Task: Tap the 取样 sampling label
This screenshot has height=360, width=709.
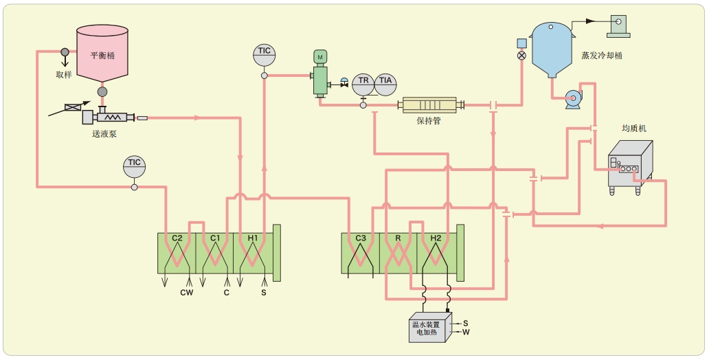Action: click(64, 74)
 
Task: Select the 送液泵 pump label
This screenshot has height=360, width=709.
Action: click(104, 134)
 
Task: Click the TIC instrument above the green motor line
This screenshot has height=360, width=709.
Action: click(264, 54)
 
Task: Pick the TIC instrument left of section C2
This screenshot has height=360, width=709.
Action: click(135, 166)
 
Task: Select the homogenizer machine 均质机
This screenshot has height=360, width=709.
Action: click(630, 164)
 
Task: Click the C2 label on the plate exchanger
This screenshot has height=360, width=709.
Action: click(177, 238)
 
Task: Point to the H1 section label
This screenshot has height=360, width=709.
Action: click(253, 238)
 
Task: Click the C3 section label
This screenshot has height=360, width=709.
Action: click(361, 238)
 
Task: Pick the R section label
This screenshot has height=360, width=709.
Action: click(398, 238)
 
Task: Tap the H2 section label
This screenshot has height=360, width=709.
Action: click(436, 238)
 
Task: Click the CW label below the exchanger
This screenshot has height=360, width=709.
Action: click(186, 293)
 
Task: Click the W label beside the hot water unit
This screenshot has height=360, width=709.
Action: click(466, 333)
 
